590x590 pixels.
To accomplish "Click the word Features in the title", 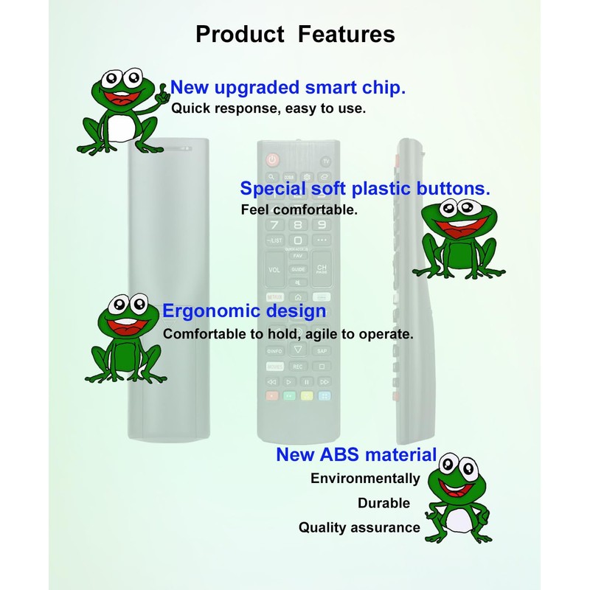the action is (346, 34).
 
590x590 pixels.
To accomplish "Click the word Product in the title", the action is (240, 34).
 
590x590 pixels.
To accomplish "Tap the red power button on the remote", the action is (272, 159).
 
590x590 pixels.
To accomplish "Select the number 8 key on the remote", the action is (298, 225).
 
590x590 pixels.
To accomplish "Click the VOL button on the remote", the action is (274, 270).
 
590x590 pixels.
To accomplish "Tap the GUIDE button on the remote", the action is (298, 270).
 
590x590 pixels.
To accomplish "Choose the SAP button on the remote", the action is (322, 350).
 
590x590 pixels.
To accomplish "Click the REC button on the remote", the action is (298, 367).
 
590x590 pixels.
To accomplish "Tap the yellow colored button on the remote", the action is (306, 396).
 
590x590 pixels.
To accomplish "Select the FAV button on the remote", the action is (298, 255).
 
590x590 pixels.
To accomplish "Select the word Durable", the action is (383, 503).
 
